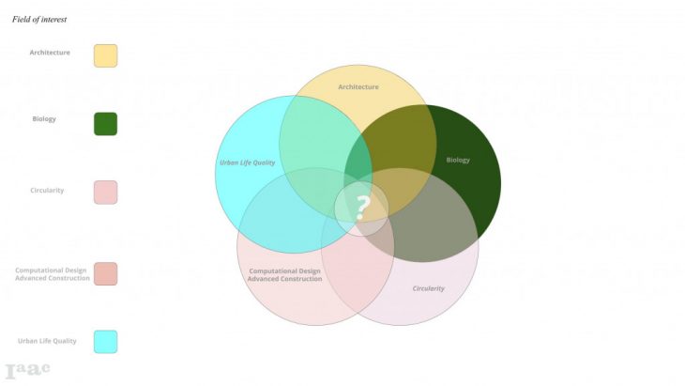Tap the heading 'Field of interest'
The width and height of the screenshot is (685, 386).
click(x=39, y=19)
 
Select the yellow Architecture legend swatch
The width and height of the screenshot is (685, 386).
click(x=105, y=55)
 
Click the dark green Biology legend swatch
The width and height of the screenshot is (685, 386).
click(x=105, y=124)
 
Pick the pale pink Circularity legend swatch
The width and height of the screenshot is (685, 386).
click(x=105, y=192)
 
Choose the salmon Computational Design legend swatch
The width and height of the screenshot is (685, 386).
click(x=105, y=273)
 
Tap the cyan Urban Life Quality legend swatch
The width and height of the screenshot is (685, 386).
click(x=105, y=341)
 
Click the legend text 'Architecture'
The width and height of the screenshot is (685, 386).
click(x=50, y=53)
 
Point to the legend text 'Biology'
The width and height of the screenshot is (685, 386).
click(x=45, y=119)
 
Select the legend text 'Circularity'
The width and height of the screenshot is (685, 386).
click(x=47, y=190)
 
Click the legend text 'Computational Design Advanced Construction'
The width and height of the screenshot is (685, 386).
click(x=53, y=274)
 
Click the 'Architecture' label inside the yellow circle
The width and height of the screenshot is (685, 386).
click(x=358, y=87)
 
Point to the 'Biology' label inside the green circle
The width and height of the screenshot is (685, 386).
click(x=458, y=161)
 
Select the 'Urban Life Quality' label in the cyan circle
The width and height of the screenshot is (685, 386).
click(x=248, y=162)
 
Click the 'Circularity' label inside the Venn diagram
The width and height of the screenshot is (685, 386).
click(x=429, y=288)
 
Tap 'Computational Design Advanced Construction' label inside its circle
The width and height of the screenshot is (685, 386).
click(x=285, y=275)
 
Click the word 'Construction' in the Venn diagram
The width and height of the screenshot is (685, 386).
click(x=302, y=279)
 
